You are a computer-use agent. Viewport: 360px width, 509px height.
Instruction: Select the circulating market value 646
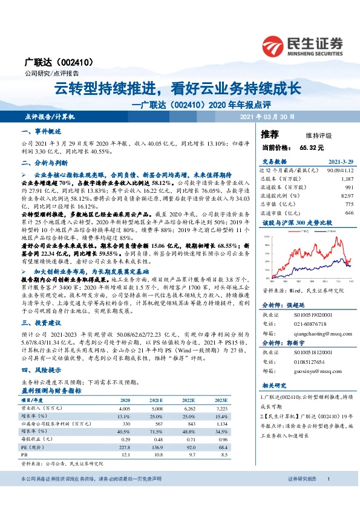[x=349, y=213]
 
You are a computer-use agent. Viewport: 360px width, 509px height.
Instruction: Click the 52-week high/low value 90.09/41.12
[x=338, y=171]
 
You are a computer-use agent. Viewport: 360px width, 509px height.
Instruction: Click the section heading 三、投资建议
[x=41, y=322]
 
